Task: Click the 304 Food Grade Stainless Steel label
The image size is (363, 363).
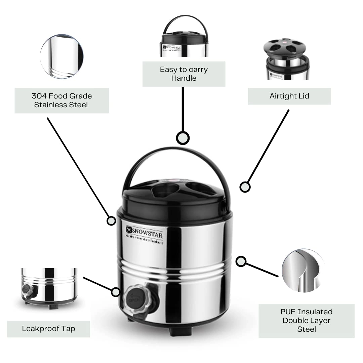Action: coord(62,100)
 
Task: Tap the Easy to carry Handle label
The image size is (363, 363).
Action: coord(184,74)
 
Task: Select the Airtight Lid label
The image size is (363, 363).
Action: coord(289,96)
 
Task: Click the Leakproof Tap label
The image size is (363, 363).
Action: coord(48,328)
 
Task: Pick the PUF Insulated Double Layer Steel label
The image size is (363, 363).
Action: coord(306,321)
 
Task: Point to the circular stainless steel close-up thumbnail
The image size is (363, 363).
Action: coord(62,56)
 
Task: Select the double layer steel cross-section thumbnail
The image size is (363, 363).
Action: coord(303,270)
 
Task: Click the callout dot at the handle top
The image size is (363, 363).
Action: coord(183,138)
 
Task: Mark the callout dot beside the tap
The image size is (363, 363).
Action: coord(116,292)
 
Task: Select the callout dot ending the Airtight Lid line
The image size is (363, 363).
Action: coord(245,187)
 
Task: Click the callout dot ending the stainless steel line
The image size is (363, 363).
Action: coord(111,220)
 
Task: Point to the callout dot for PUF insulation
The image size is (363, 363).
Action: coord(241,261)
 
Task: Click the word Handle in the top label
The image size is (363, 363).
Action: coord(184,78)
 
